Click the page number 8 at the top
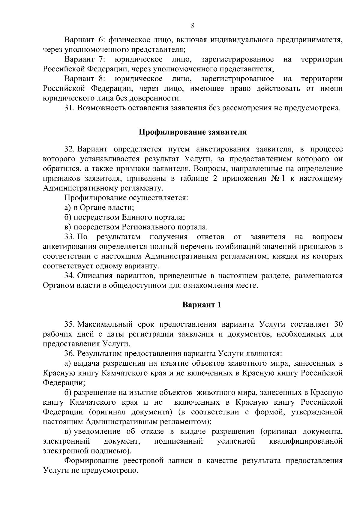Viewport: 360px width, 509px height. click(x=193, y=26)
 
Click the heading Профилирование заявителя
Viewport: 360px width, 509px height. click(x=193, y=132)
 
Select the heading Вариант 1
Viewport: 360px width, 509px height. click(x=202, y=305)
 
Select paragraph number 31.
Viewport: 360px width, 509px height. click(x=70, y=108)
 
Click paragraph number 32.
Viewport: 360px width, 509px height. click(x=70, y=149)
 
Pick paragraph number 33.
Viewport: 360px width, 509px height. click(x=70, y=237)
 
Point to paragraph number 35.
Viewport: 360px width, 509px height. click(x=70, y=325)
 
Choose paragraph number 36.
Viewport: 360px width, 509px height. click(x=70, y=354)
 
